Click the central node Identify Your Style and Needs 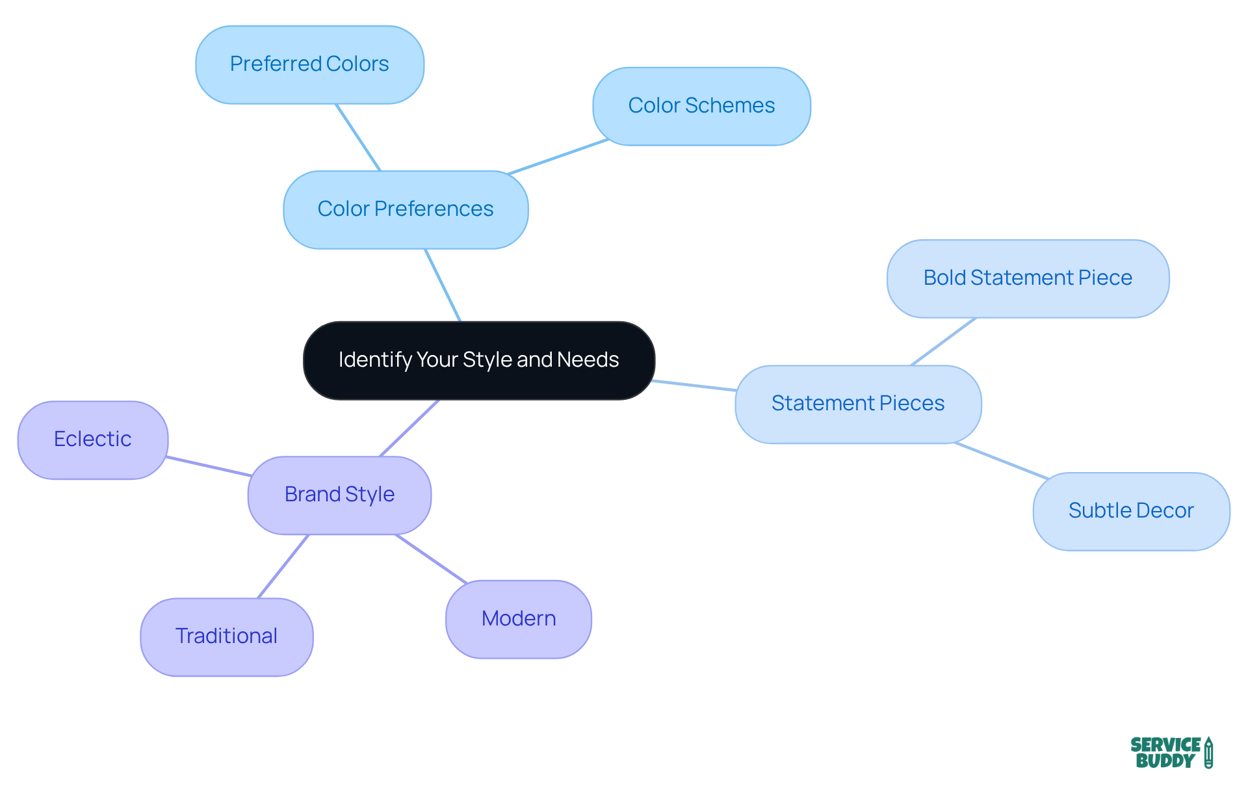(479, 360)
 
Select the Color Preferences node (406, 209)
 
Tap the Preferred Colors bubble (309, 64)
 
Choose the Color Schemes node (701, 106)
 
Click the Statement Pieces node (858, 404)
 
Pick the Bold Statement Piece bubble (1028, 278)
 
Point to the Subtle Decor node (1131, 511)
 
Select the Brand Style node (339, 495)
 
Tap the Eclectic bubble (93, 440)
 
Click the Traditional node (226, 637)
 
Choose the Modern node (519, 619)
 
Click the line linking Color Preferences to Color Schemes (558, 157)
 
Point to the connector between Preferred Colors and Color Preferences (357, 137)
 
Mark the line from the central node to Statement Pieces (694, 386)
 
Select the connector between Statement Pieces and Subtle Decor (1001, 460)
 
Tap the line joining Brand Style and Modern (431, 559)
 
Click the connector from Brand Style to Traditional (283, 566)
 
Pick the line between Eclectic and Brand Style (208, 466)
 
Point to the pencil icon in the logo (1208, 753)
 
